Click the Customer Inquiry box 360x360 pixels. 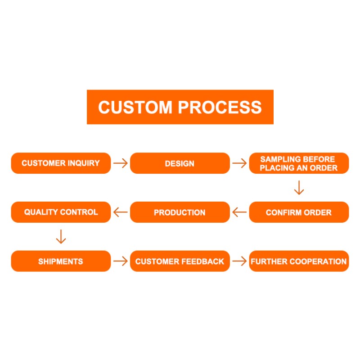tap(61, 163)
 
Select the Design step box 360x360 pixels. tap(180, 163)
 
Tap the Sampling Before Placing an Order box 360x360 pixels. tap(299, 163)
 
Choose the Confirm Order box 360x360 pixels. tap(299, 212)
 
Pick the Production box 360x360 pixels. tap(180, 212)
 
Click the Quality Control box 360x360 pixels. tap(61, 212)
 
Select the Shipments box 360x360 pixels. tap(61, 261)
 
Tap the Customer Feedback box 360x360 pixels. tap(180, 261)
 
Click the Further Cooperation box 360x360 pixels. tap(299, 261)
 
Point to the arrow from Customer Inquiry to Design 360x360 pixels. tap(120, 163)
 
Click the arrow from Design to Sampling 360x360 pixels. tap(239, 163)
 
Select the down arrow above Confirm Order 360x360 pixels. tap(299, 188)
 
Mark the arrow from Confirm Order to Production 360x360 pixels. tap(239, 212)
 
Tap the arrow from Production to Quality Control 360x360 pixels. tap(120, 212)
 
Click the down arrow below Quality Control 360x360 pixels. tap(61, 237)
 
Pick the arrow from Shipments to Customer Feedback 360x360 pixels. tap(120, 261)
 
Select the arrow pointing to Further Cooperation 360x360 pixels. tap(239, 261)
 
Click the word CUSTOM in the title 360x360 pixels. tap(135, 107)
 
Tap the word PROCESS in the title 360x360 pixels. tap(220, 107)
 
